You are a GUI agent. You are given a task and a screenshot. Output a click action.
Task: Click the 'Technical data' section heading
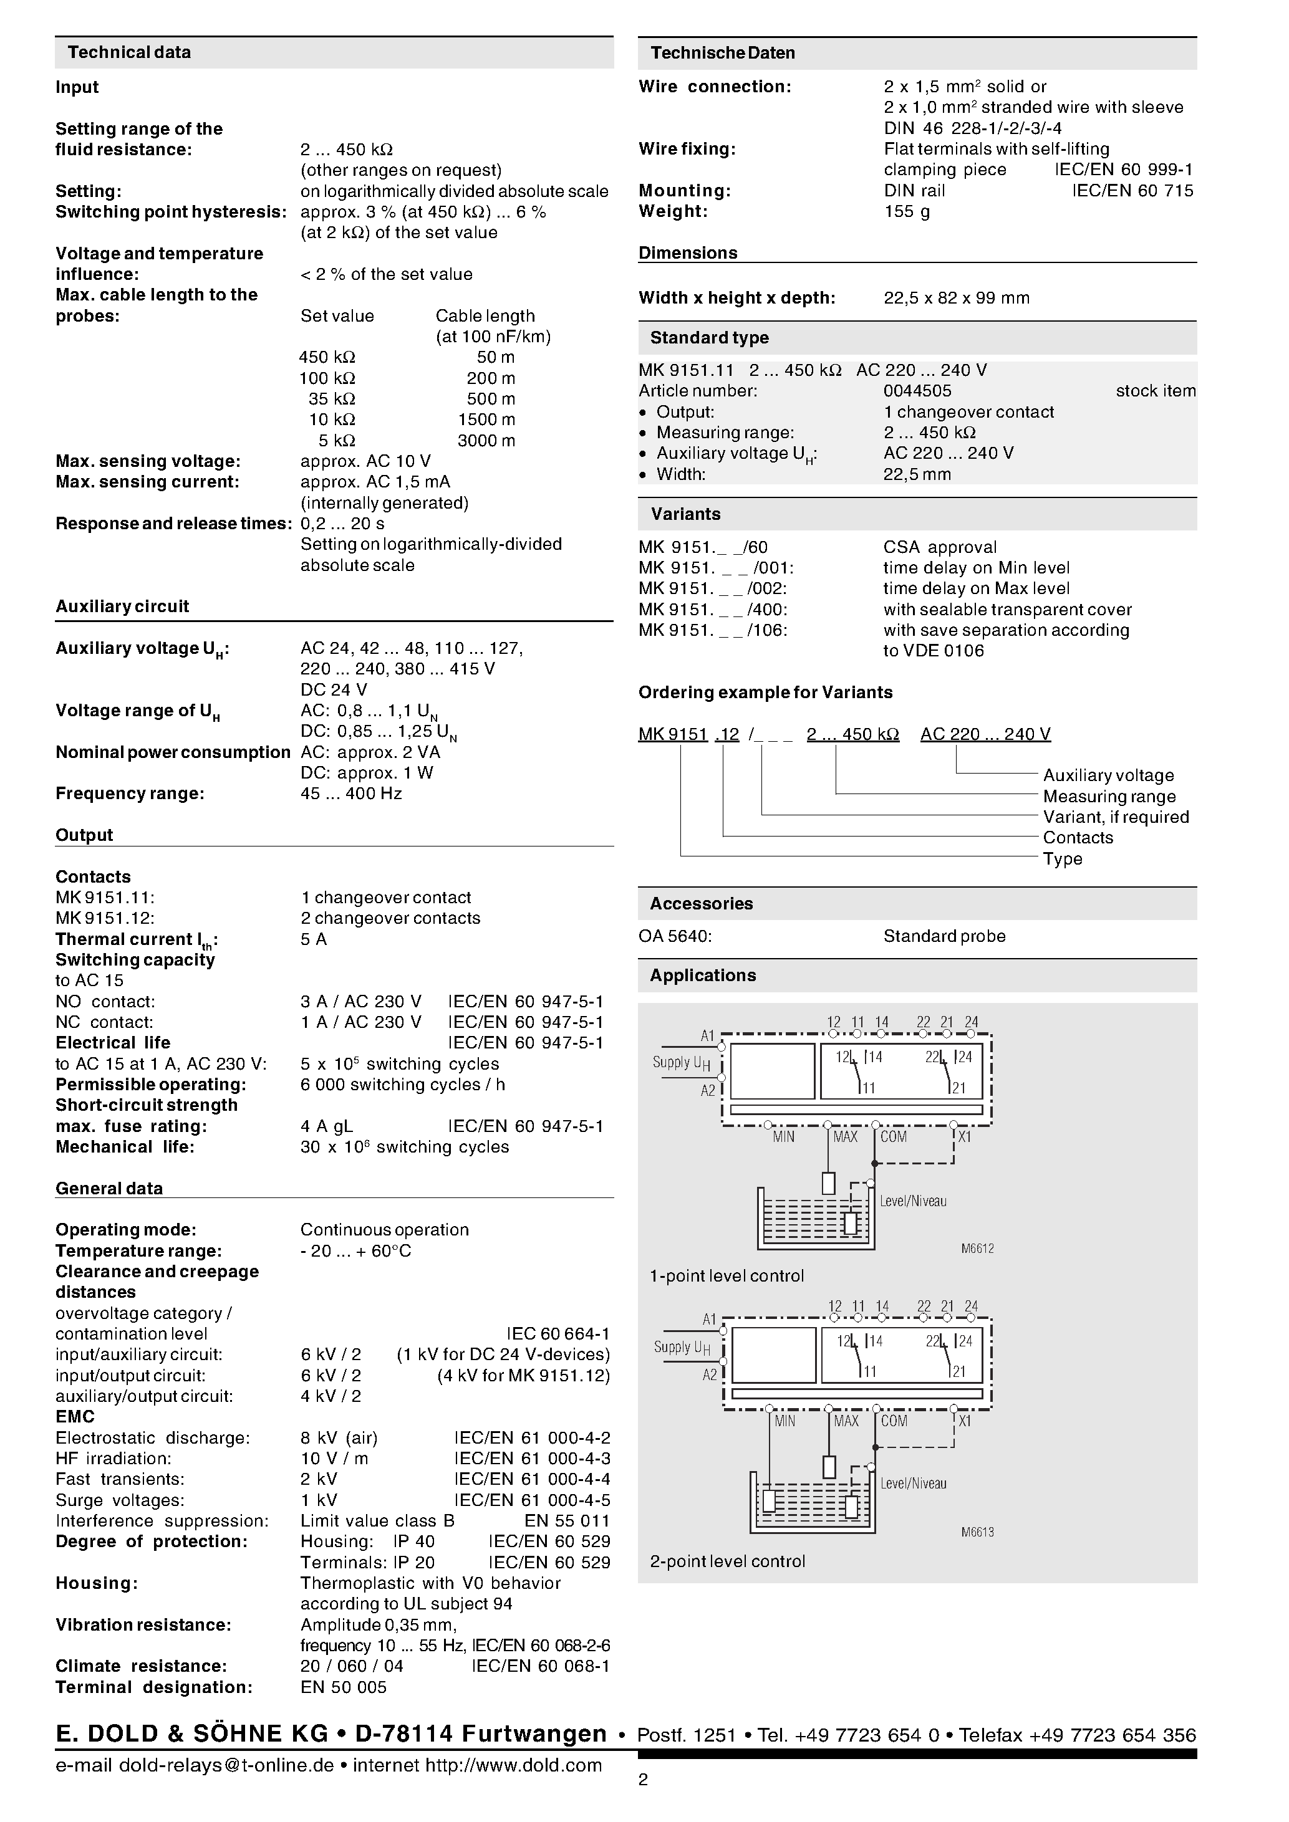[129, 52]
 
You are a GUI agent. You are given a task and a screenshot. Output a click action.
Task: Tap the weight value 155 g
[907, 211]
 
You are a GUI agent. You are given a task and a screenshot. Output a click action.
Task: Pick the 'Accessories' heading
[701, 903]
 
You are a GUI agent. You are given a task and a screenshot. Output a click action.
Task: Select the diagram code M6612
[977, 1249]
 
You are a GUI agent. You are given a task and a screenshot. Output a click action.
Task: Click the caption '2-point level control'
[727, 1561]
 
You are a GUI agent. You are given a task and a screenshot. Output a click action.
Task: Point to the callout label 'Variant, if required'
[1115, 817]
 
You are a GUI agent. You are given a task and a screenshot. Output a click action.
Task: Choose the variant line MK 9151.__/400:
[713, 610]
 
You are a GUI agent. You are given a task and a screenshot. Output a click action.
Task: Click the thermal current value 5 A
[314, 939]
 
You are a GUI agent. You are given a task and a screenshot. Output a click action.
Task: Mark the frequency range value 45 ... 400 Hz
[351, 794]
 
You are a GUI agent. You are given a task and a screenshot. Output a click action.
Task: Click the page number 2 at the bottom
[643, 1780]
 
